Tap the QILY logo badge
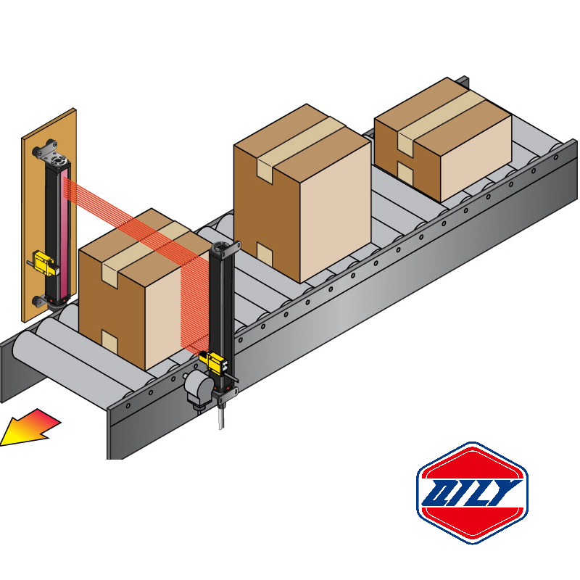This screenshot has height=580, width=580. point(472,492)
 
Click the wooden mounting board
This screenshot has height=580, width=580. point(29,217)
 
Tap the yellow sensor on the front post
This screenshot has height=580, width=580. point(215,360)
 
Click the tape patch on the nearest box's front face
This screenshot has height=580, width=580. point(109,341)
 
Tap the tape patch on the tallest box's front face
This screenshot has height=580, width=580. point(265,254)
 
